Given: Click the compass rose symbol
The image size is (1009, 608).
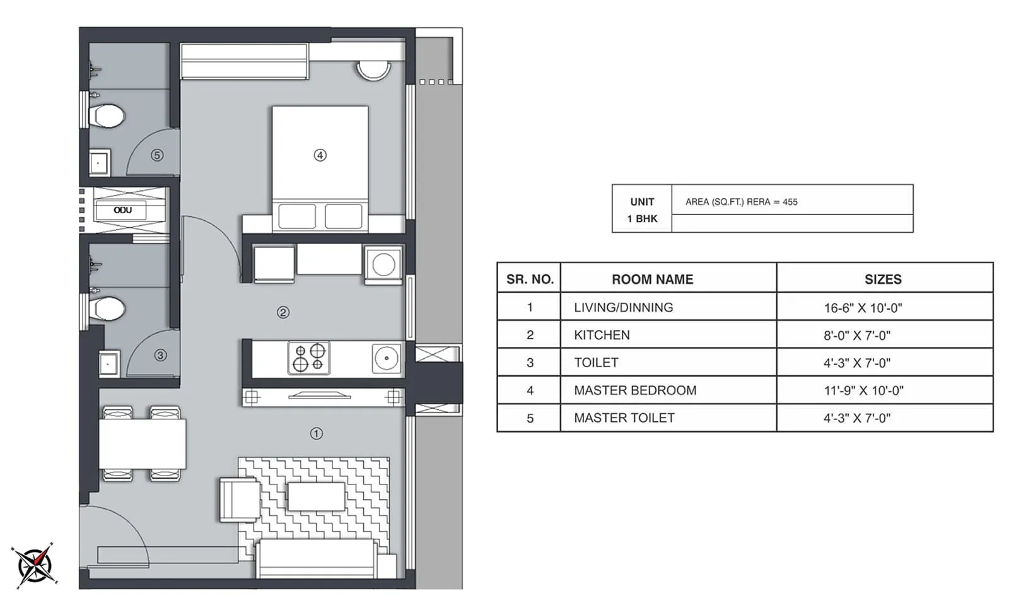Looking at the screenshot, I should (x=35, y=564).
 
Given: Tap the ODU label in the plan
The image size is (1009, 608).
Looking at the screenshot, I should (x=122, y=210).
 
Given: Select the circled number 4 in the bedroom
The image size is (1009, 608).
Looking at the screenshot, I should (x=320, y=155).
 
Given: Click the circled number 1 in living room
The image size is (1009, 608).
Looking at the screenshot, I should (x=316, y=433).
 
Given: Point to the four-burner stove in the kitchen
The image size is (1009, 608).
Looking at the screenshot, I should (x=309, y=358).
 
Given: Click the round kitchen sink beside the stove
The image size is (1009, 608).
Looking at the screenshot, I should (x=386, y=358).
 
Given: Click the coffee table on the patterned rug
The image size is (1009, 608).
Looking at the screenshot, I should (x=317, y=496).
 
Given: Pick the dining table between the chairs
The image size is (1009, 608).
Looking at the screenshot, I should (x=143, y=443).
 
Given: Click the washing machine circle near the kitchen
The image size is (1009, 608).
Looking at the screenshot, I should (x=383, y=264).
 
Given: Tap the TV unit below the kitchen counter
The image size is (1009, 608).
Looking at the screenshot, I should (x=320, y=397).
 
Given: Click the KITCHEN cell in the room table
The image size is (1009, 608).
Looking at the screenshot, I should (x=602, y=335).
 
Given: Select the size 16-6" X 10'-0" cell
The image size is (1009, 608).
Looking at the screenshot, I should (x=863, y=308).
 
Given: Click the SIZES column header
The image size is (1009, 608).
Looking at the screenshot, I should (x=882, y=279).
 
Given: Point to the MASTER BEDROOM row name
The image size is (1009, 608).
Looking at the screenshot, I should (x=634, y=390).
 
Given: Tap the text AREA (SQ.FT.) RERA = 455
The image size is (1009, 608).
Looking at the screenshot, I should (x=741, y=202).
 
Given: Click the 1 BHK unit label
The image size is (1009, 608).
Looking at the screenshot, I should (x=642, y=218).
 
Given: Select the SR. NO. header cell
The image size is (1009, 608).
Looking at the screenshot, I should (x=529, y=279).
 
